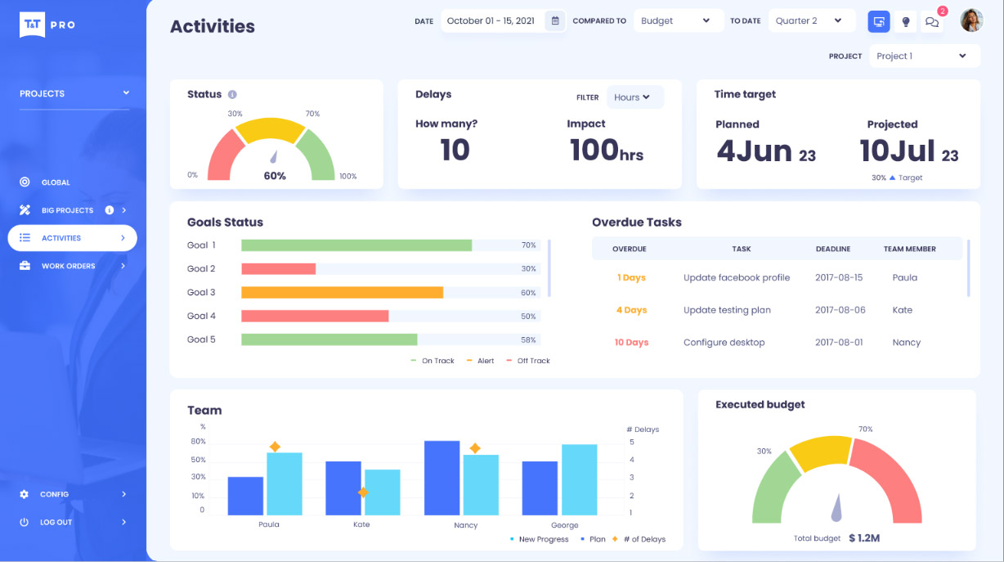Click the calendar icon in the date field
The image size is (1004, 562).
tap(555, 20)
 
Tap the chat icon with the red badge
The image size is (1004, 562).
tap(932, 21)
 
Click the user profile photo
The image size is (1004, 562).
tap(971, 20)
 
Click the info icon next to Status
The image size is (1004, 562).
tap(232, 94)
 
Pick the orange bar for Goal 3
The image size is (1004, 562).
tap(342, 292)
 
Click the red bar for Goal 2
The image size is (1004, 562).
tap(278, 268)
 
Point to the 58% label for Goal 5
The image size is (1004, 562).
tap(528, 339)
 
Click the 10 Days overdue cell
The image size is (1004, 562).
tap(631, 342)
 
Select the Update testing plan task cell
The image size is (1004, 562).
tap(727, 310)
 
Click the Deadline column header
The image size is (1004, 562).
tap(833, 249)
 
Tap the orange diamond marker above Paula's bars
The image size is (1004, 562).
tap(275, 447)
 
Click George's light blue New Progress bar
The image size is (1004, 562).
tap(579, 479)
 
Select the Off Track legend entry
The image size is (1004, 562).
tap(527, 361)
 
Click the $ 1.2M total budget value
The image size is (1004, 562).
tap(864, 537)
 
